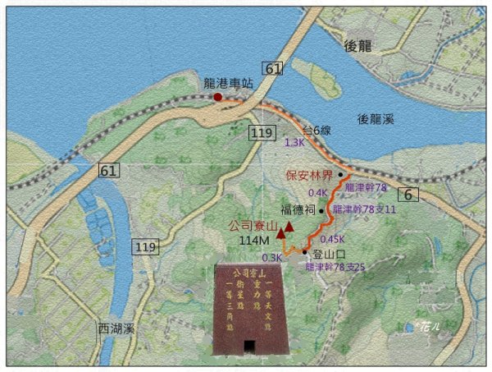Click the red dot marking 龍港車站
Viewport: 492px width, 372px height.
pyautogui.click(x=218, y=97)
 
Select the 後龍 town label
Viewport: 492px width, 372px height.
pyautogui.click(x=360, y=44)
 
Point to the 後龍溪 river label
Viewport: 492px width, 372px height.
pyautogui.click(x=380, y=119)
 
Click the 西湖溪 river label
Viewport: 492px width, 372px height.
pyautogui.click(x=115, y=327)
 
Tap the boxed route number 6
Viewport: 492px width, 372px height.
pyautogui.click(x=408, y=194)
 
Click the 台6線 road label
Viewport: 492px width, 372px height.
pyautogui.click(x=316, y=129)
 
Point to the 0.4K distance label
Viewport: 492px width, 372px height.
pyautogui.click(x=318, y=192)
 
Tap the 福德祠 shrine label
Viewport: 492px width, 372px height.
pyautogui.click(x=298, y=209)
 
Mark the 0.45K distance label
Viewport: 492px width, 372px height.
pyautogui.click(x=332, y=238)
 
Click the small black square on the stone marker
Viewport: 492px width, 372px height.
pyautogui.click(x=248, y=345)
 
